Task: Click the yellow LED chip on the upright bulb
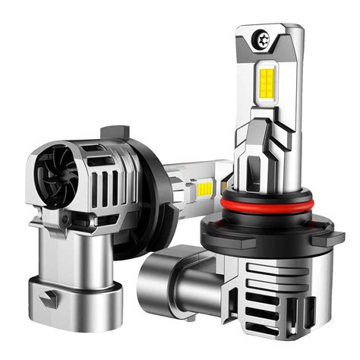click(x=268, y=83)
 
